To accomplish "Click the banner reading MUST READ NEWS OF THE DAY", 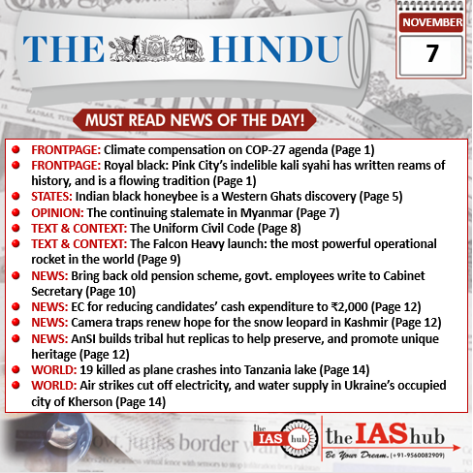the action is point(236,120).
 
